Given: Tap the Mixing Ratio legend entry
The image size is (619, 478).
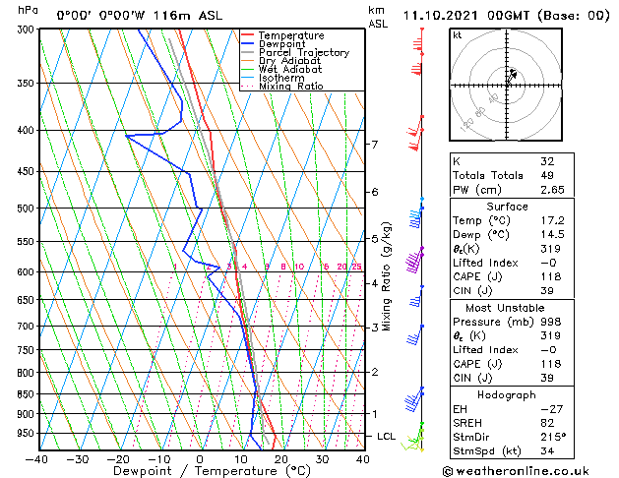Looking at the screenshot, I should click(291, 87).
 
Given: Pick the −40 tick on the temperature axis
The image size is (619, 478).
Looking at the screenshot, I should click(36, 458).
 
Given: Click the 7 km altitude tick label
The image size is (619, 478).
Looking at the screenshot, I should click(374, 145).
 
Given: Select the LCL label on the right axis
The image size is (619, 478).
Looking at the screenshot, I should click(387, 436).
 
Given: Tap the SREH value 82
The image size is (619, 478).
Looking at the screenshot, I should click(547, 422).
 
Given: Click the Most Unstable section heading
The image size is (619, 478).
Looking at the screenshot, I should click(507, 307).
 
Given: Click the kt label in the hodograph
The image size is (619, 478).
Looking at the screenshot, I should click(457, 34).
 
